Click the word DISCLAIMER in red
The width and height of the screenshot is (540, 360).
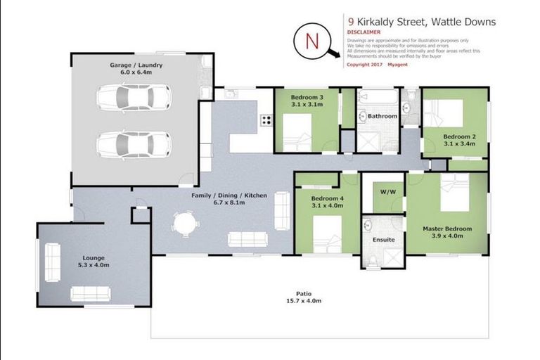point(364,32)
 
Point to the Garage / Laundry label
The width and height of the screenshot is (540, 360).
point(136,65)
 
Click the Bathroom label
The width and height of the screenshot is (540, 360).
point(382,116)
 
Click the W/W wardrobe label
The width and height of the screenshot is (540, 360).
point(387,191)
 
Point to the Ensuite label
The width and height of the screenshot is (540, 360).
point(384,240)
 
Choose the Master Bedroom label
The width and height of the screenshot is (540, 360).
point(446,229)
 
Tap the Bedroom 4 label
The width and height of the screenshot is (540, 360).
point(327,198)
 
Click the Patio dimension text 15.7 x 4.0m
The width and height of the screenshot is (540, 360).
point(304,301)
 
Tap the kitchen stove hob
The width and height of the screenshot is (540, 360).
point(266,119)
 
